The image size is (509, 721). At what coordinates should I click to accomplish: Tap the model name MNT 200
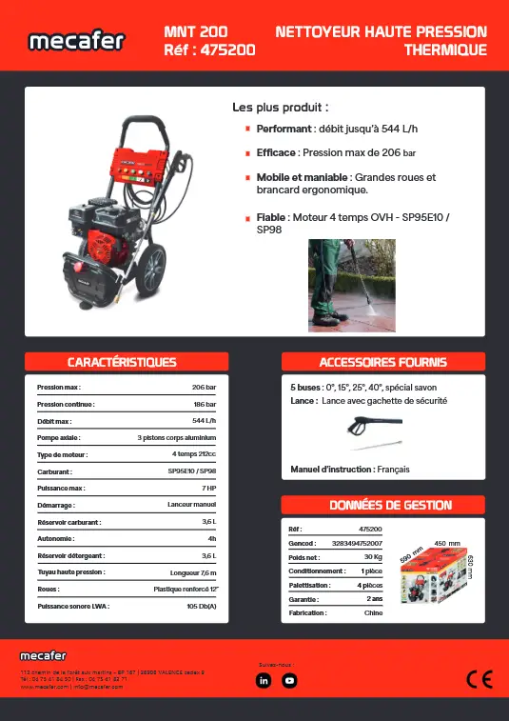point(196,32)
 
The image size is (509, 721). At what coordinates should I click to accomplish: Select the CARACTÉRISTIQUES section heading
point(122,362)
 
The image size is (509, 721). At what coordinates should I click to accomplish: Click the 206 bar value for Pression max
point(205,389)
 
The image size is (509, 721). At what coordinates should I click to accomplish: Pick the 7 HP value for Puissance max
point(209,489)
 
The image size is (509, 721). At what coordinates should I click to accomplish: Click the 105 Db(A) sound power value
point(202,606)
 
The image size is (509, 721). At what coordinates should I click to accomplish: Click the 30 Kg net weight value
point(373,556)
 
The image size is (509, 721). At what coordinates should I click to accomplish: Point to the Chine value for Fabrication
point(373,613)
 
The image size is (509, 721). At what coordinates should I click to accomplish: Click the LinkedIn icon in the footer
point(264,680)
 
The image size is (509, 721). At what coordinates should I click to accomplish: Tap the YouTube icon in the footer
point(290,680)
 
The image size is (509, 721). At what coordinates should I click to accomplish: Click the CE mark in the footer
point(479,679)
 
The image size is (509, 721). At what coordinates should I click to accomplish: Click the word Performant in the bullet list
point(284,128)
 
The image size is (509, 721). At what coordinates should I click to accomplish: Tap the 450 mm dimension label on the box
point(447,543)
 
